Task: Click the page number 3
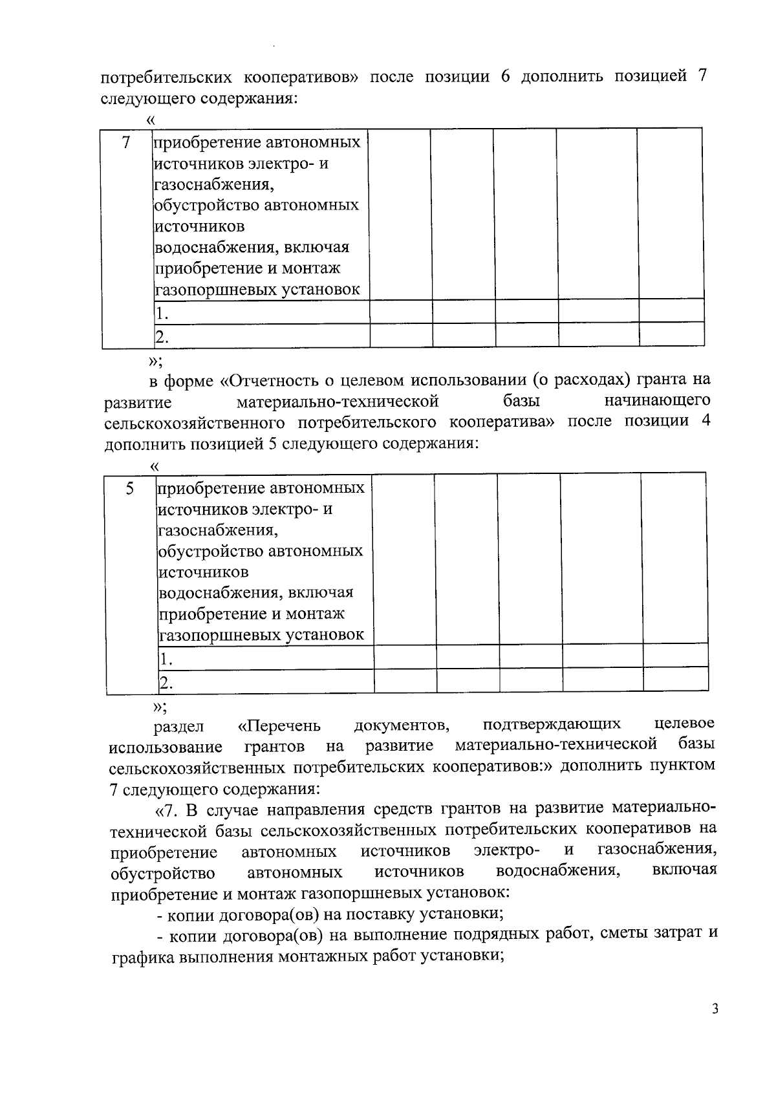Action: [715, 1009]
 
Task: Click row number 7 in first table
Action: [126, 142]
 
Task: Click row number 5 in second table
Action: [130, 489]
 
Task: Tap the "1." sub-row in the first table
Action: [162, 314]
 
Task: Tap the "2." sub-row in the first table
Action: [162, 336]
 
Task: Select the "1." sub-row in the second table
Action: [167, 660]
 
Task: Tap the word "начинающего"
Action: [657, 401]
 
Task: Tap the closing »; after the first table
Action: [156, 361]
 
